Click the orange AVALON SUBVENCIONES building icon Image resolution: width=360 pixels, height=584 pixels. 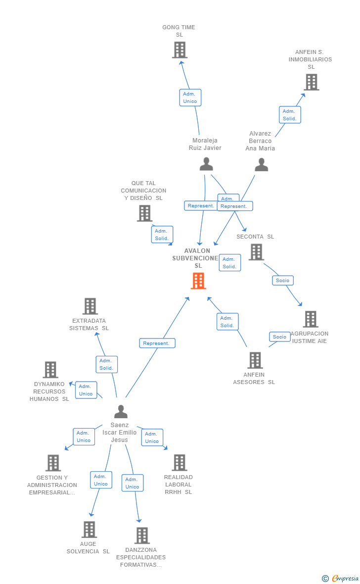click(x=198, y=281)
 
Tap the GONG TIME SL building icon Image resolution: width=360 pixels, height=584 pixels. click(x=180, y=50)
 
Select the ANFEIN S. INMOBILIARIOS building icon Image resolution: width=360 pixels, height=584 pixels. click(x=311, y=82)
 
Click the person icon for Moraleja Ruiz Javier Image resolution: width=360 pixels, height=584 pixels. click(x=206, y=164)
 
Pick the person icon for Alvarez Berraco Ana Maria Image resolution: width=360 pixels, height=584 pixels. click(x=261, y=164)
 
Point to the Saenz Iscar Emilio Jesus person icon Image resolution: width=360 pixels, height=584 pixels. click(x=121, y=411)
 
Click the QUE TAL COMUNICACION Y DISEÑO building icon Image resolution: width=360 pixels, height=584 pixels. click(x=144, y=213)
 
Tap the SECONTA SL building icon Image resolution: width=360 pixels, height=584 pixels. click(x=256, y=252)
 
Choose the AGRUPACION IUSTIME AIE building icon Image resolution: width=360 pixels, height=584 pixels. click(x=310, y=319)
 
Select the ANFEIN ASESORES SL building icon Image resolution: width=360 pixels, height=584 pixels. click(x=255, y=360)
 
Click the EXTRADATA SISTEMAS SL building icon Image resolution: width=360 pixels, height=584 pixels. click(x=90, y=306)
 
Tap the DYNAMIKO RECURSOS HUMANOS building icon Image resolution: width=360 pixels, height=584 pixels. click(x=50, y=370)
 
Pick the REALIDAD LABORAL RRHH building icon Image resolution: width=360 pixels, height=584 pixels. click(x=179, y=463)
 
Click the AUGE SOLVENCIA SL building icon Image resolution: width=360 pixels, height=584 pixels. click(x=89, y=530)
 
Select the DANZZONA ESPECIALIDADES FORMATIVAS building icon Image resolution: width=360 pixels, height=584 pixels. click(x=142, y=535)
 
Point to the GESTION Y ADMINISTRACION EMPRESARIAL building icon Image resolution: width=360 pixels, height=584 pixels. click(x=53, y=463)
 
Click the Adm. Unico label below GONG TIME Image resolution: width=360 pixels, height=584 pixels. click(x=190, y=97)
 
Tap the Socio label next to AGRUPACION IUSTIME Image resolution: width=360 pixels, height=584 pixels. click(x=279, y=337)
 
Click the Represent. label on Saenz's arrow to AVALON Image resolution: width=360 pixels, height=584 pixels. click(x=157, y=343)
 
